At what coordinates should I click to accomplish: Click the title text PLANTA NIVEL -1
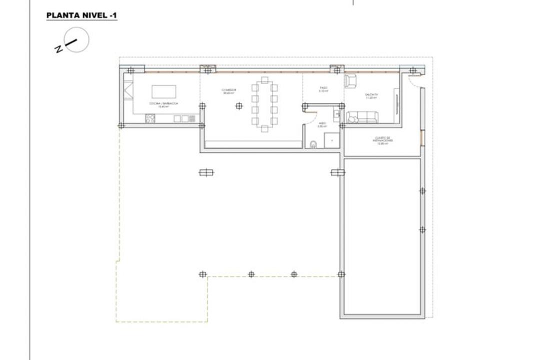click(x=81, y=15)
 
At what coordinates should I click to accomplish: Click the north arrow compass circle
click(x=76, y=40)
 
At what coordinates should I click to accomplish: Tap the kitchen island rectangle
click(x=163, y=91)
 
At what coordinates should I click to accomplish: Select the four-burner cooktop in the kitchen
click(x=150, y=118)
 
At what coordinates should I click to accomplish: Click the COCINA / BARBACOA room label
click(x=163, y=104)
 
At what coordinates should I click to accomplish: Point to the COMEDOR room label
click(x=229, y=91)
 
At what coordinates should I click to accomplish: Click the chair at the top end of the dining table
click(x=264, y=79)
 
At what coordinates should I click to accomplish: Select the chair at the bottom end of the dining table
click(x=264, y=128)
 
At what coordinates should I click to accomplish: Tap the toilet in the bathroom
click(x=313, y=145)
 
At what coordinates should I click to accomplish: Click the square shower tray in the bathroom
click(x=331, y=140)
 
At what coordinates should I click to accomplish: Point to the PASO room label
click(x=323, y=90)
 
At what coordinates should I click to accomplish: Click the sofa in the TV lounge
click(x=363, y=117)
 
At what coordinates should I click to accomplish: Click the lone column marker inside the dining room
click(x=239, y=105)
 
